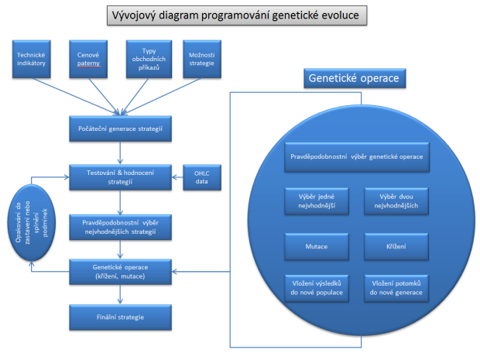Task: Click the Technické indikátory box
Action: point(31,59)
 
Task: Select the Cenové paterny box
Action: point(88,59)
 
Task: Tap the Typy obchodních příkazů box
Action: point(149,59)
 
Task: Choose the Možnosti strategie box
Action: point(202,59)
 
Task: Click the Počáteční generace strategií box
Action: point(120,129)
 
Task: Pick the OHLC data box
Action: point(202,177)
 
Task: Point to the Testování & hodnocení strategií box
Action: point(120,177)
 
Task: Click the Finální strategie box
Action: point(120,317)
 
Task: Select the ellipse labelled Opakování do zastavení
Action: point(32,222)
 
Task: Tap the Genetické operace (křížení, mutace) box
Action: point(120,272)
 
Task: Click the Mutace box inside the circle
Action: point(317,247)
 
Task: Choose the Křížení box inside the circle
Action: point(396,247)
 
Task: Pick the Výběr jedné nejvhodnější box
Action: point(317,201)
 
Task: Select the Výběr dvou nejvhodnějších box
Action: point(396,201)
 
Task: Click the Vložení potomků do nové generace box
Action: point(396,288)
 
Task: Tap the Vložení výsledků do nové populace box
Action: point(317,288)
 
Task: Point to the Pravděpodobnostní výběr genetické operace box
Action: point(357,156)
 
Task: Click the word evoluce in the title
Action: point(340,15)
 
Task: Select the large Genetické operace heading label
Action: point(355,78)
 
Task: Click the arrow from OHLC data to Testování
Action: point(177,177)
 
